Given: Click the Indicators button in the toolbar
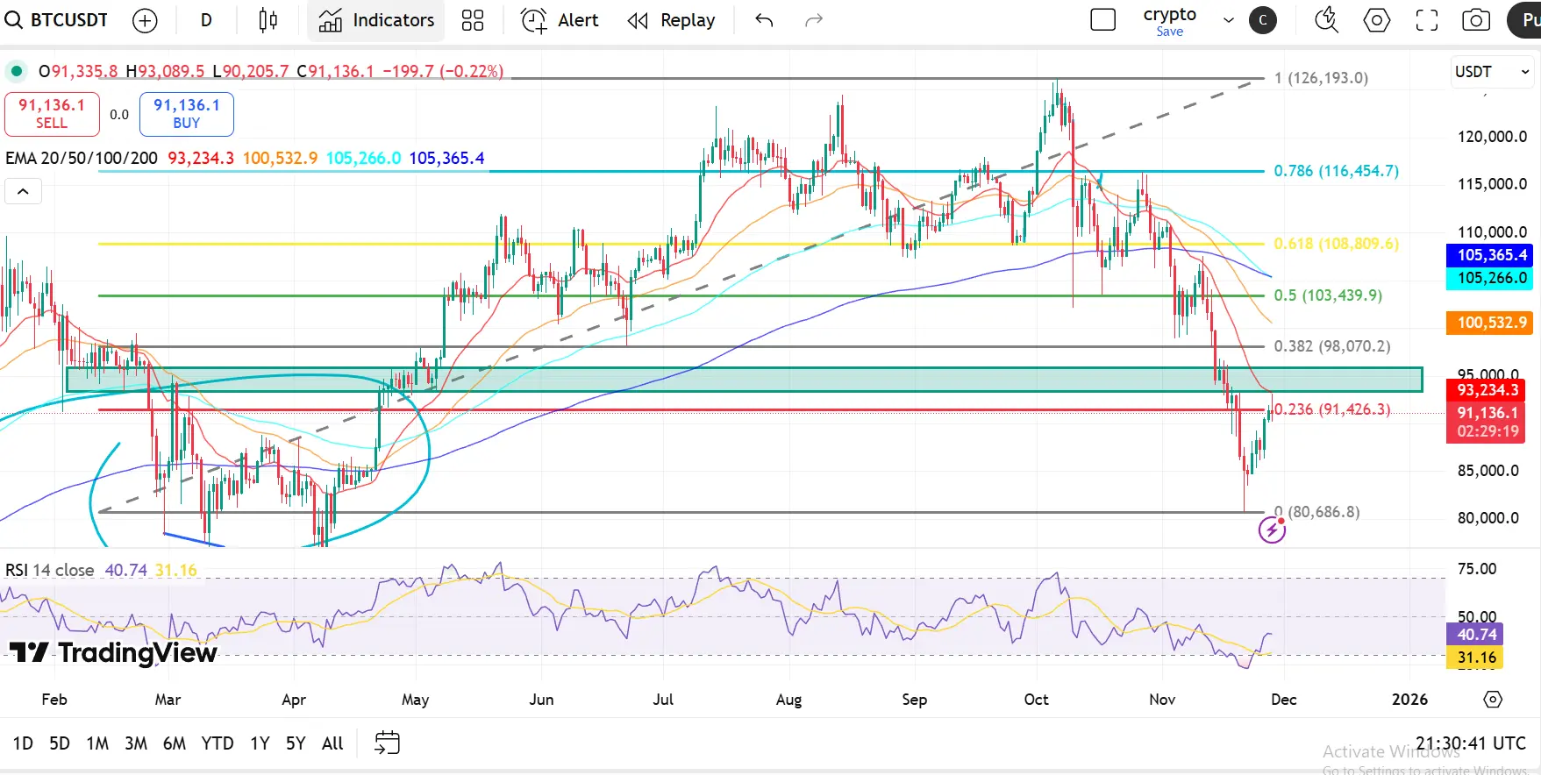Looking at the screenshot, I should tap(376, 20).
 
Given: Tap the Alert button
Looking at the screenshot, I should tap(560, 20).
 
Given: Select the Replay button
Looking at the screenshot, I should tap(672, 20).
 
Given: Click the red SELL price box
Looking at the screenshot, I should tap(52, 114).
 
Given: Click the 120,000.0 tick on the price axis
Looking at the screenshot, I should tap(1491, 137).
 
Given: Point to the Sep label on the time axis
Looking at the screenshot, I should tap(914, 700).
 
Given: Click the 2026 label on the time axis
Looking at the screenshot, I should tap(1409, 700).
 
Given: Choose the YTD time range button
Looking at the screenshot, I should tap(217, 743).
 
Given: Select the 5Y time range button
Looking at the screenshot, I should tap(296, 743).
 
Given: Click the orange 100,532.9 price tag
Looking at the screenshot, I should tap(1491, 323).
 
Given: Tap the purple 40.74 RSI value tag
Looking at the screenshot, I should tap(1477, 634).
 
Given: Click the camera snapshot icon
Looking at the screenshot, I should tap(1476, 20).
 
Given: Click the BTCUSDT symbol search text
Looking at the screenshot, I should tap(68, 20).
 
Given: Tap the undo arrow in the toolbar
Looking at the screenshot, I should tap(764, 20).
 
